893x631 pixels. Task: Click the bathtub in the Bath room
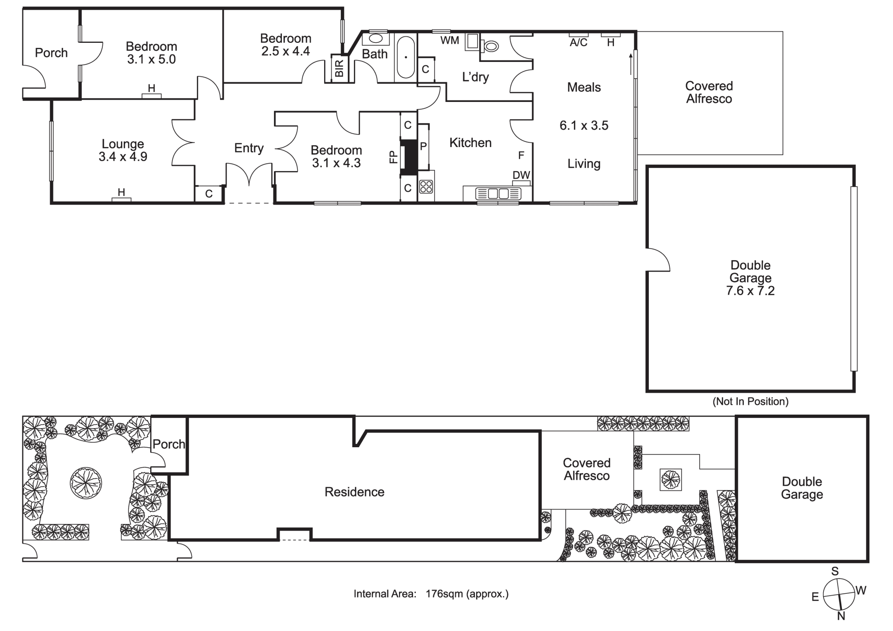click(406, 57)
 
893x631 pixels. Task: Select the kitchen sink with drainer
click(498, 194)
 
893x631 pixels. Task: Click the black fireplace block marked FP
click(409, 157)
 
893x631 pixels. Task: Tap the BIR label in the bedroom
click(339, 68)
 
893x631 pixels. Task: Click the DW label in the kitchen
click(521, 175)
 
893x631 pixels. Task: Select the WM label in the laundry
click(450, 40)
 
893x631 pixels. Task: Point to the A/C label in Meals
click(579, 43)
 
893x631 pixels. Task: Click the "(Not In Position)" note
click(750, 401)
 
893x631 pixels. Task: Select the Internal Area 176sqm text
click(431, 594)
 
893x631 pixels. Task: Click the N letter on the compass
click(841, 616)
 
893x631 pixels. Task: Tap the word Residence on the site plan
click(354, 492)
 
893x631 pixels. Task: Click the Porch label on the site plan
click(169, 444)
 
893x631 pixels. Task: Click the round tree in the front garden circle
click(86, 482)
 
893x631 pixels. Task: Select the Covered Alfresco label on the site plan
click(586, 469)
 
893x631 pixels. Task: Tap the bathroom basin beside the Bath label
click(376, 38)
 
